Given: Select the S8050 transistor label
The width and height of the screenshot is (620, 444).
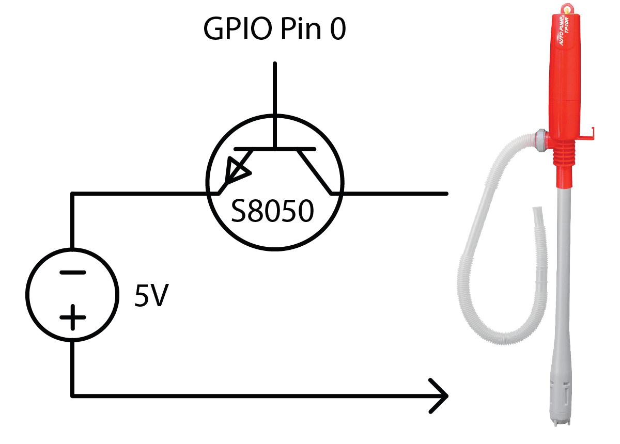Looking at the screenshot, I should point(272,211).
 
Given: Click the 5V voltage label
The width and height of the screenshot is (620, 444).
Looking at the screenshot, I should point(151,295).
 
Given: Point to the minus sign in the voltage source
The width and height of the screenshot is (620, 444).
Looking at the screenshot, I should point(72,273).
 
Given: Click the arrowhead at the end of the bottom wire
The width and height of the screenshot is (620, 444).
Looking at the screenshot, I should point(439,396).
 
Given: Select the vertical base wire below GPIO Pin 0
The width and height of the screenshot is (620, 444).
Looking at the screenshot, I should point(275,103).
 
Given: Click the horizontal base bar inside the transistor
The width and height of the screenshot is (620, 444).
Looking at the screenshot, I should point(275,149).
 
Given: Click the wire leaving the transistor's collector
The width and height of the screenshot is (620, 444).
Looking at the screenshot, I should point(393,194).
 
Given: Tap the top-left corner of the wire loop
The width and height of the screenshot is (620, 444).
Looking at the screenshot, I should point(72,194).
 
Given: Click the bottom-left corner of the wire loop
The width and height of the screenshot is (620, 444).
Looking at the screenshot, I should point(72,396).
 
